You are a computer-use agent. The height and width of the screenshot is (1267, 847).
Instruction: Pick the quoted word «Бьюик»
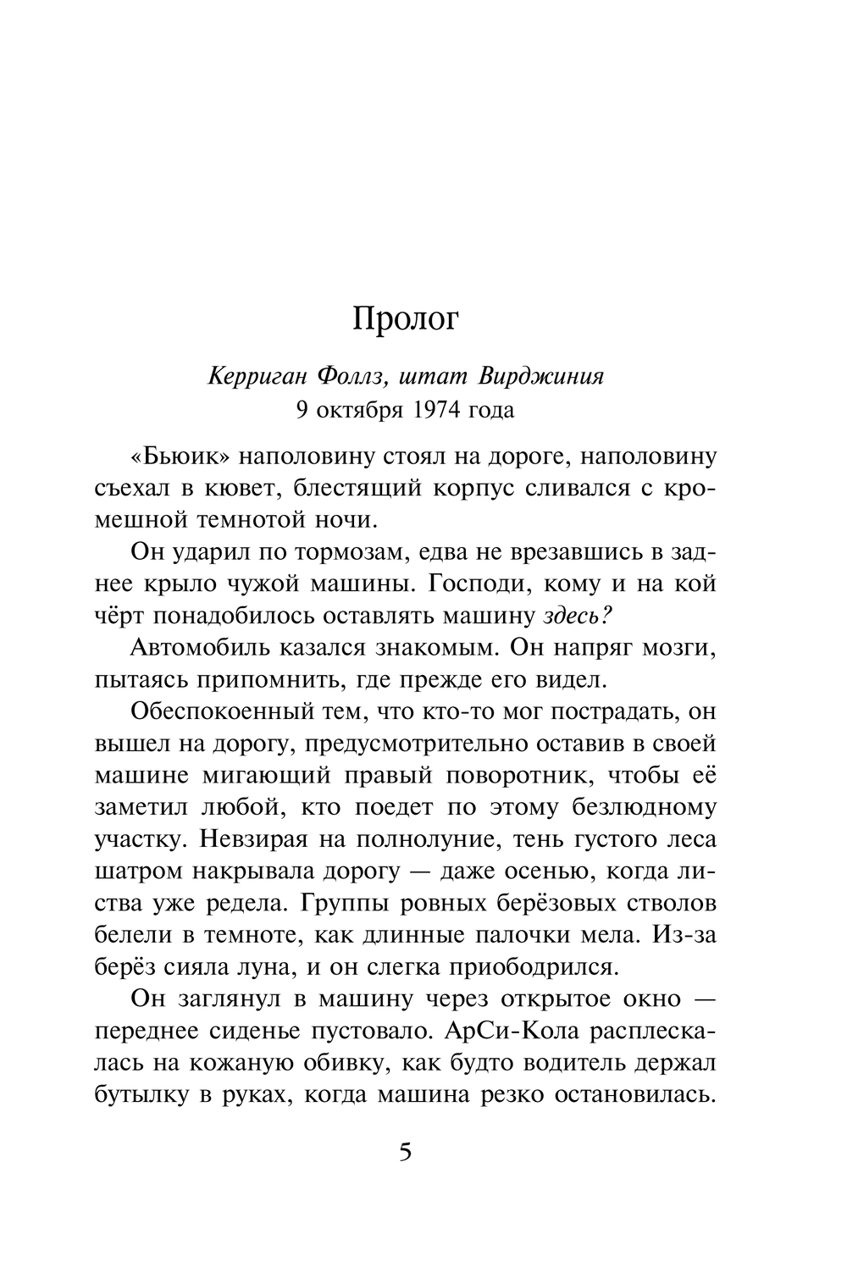180,456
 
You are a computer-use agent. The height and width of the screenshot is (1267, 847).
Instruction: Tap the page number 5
405,1154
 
